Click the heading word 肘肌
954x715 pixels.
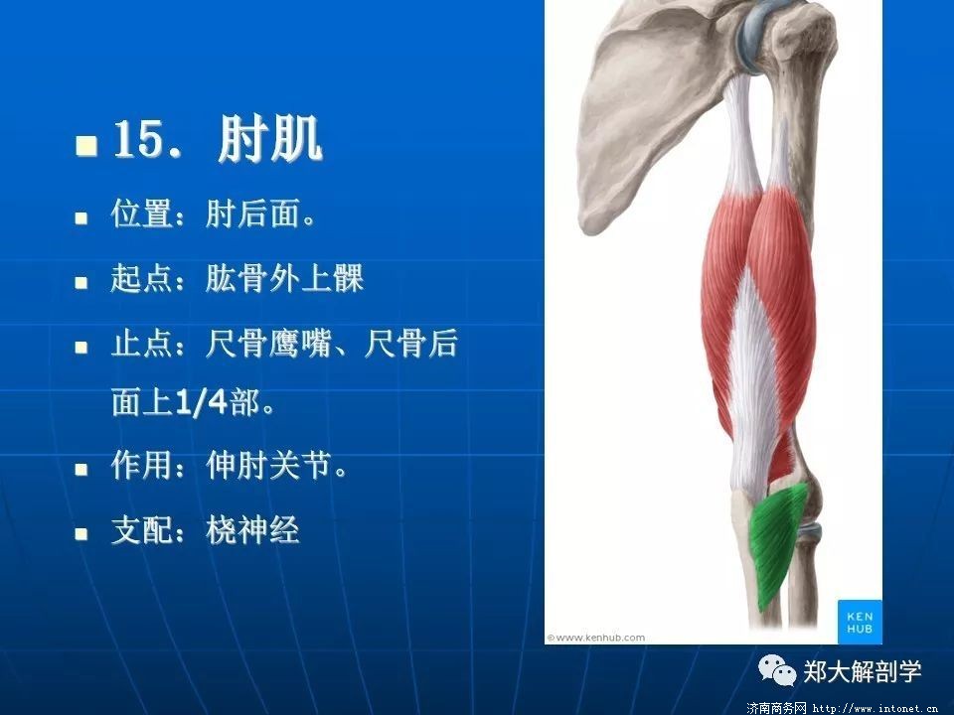click(x=269, y=140)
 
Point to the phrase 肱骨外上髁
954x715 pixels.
click(x=285, y=278)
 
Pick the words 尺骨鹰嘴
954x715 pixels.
click(x=269, y=344)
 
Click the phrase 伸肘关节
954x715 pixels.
click(x=269, y=466)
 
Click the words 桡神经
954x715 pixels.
click(x=253, y=530)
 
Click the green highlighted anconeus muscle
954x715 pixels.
click(x=776, y=541)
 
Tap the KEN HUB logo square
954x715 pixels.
click(x=859, y=622)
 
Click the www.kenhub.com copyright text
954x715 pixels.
click(x=595, y=638)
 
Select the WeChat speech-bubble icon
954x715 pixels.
click(x=776, y=670)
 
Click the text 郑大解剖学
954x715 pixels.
click(x=863, y=672)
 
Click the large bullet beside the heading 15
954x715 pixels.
click(x=86, y=145)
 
